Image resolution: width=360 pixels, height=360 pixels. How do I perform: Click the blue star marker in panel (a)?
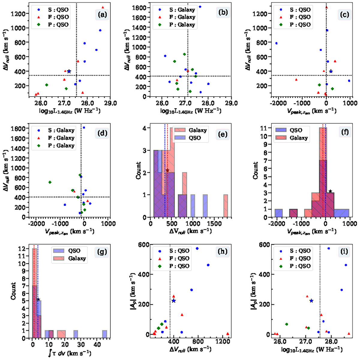pos(69,71)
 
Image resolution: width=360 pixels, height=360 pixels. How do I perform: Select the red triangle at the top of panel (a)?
pos(103,7)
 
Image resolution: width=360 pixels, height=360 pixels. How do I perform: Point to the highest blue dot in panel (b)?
pos(200,7)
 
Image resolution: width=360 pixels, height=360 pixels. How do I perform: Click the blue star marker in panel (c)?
pos(331,71)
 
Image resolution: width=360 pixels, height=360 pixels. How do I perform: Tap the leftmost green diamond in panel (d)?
pos(50,182)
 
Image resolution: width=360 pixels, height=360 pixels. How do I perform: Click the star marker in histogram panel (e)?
pos(167,170)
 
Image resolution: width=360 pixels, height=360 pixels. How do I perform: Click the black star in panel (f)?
pos(330,191)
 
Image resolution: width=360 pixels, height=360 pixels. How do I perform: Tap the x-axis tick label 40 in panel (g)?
pos(97,344)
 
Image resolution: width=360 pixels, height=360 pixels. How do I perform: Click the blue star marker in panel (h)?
pos(174,301)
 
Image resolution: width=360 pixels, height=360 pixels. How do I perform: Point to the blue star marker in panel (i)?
pos(311,301)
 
